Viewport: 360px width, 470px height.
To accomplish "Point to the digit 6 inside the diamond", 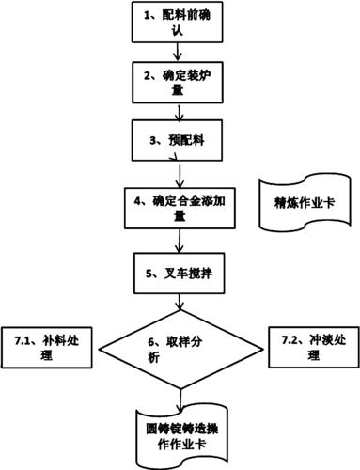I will coord(153,343).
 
